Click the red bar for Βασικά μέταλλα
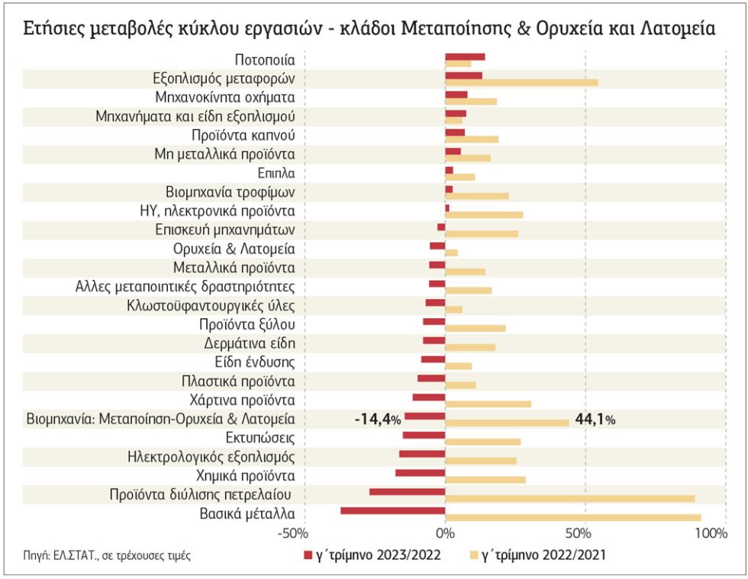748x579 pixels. [x=392, y=511]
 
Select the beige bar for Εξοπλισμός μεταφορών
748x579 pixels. [x=521, y=82]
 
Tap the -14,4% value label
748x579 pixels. [x=378, y=420]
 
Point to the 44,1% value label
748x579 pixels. [x=595, y=420]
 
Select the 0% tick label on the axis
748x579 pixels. [x=445, y=533]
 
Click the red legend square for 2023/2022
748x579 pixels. [x=308, y=555]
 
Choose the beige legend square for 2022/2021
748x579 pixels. [x=474, y=555]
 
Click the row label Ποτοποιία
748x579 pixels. [x=265, y=60]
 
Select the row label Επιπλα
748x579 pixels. [x=276, y=173]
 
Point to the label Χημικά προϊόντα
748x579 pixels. [x=245, y=476]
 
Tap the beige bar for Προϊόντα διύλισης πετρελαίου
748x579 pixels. [x=570, y=498]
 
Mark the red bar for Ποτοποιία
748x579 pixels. [x=465, y=56]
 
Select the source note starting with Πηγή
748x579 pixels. [x=107, y=555]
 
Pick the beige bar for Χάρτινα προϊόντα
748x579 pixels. [x=488, y=404]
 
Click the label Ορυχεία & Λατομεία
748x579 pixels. [x=234, y=249]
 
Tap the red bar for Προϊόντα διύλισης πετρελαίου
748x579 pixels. [x=407, y=492]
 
